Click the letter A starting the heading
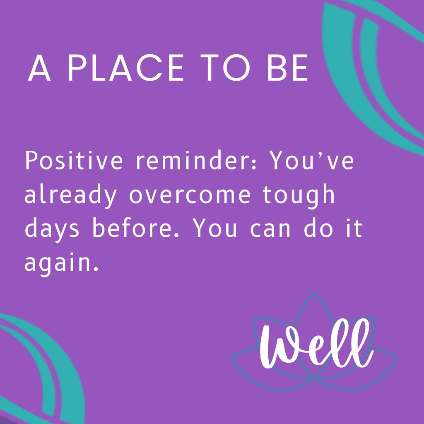point(39,68)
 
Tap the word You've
point(313,161)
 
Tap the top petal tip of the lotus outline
point(315,293)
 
